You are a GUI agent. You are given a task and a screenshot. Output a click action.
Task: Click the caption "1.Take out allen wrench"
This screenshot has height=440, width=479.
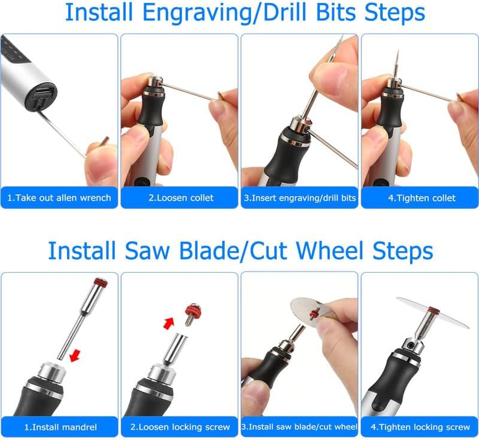pyautogui.click(x=59, y=198)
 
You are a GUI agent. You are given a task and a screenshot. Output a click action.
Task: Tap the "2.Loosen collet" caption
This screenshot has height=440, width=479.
pyautogui.click(x=180, y=198)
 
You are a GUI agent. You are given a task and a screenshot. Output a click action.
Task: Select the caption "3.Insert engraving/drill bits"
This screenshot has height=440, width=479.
pyautogui.click(x=300, y=198)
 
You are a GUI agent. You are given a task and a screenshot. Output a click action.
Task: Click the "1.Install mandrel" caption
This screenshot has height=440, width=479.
pyautogui.click(x=60, y=427)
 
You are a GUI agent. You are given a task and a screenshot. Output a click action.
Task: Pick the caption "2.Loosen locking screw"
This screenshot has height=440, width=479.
pyautogui.click(x=180, y=427)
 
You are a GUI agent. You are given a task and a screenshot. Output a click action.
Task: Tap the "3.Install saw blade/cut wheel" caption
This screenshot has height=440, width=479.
pyautogui.click(x=300, y=427)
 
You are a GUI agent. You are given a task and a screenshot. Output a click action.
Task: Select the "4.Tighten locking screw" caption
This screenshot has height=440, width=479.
pyautogui.click(x=420, y=427)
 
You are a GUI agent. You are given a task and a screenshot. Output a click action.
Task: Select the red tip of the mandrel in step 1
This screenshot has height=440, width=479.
pyautogui.click(x=100, y=284)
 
